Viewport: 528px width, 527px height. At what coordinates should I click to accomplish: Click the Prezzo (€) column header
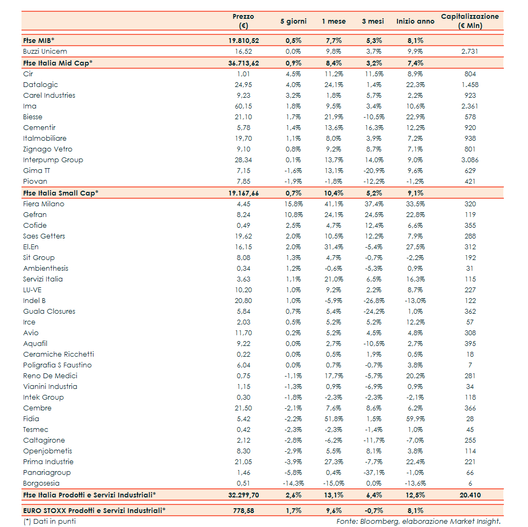click(x=243, y=21)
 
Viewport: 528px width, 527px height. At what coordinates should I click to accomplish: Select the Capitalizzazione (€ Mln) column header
click(x=469, y=21)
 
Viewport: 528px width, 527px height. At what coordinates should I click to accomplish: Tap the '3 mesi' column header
click(x=372, y=21)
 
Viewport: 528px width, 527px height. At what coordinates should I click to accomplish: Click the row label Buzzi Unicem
click(x=45, y=52)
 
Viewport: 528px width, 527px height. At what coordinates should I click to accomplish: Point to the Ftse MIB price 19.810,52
click(x=243, y=40)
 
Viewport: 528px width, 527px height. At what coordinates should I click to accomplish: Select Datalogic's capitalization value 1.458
click(x=469, y=85)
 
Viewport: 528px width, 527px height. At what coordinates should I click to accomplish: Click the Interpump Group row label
click(x=53, y=160)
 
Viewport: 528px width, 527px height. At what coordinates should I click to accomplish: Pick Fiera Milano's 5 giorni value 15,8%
click(x=293, y=204)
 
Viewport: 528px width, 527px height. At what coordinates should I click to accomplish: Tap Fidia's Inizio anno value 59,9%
click(x=415, y=419)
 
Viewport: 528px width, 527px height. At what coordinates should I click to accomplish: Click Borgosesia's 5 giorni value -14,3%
click(x=293, y=483)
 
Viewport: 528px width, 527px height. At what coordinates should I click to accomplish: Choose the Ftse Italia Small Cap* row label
click(x=61, y=193)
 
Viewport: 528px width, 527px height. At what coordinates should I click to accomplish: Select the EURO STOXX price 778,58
click(x=243, y=511)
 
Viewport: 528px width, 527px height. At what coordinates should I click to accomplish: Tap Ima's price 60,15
click(x=243, y=106)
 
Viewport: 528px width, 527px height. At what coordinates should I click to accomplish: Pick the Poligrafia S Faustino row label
click(x=57, y=365)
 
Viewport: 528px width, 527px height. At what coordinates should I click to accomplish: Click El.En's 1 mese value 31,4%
click(x=334, y=247)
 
